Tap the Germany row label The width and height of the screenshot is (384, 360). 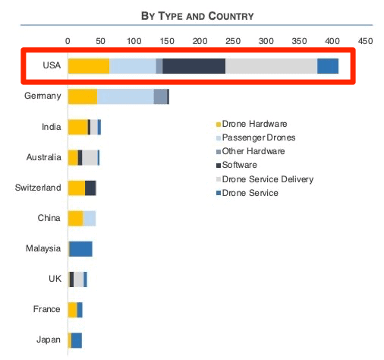(42, 96)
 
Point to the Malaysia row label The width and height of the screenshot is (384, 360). (42, 248)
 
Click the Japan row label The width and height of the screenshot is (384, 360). (48, 339)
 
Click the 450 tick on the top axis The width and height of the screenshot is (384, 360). (365, 41)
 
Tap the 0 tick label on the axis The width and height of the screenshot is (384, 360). (68, 41)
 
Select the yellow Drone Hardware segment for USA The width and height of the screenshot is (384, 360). (88, 66)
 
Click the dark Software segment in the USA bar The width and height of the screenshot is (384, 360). (194, 66)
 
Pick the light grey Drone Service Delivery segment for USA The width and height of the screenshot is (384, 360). (271, 66)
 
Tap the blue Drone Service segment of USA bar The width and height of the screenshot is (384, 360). (327, 66)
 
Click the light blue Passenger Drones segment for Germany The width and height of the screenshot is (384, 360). (125, 96)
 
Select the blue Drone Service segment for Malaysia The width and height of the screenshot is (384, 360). (80, 248)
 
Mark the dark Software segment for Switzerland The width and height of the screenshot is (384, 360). (90, 188)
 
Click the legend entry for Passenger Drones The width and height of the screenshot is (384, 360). (259, 137)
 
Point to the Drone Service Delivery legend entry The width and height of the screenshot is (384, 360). (268, 179)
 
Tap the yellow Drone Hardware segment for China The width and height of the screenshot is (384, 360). (75, 218)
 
